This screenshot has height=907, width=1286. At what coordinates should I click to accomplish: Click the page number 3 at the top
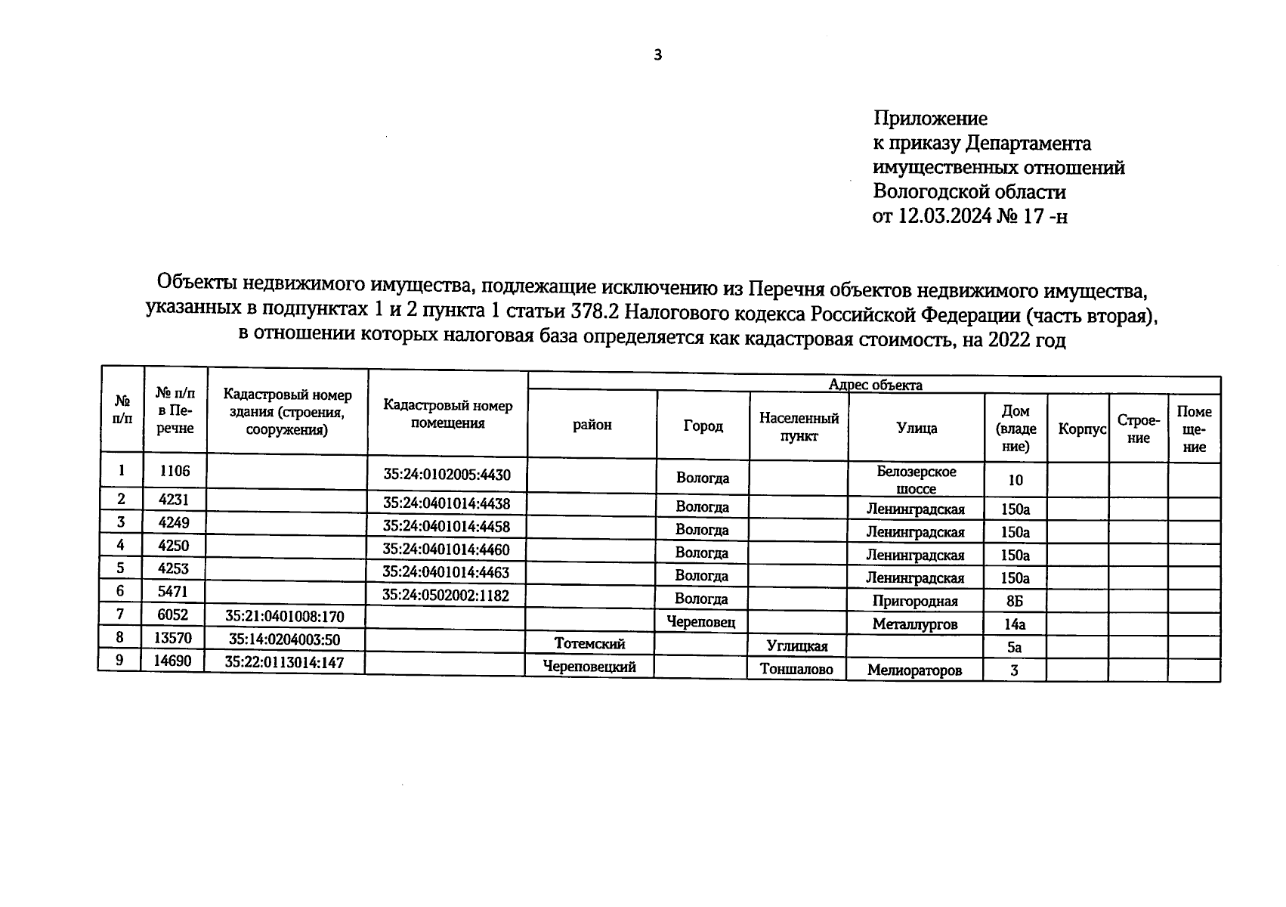[x=657, y=54]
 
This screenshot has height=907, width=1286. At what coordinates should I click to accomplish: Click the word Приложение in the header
[x=930, y=119]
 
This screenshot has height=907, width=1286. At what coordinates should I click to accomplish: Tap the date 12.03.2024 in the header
[x=944, y=217]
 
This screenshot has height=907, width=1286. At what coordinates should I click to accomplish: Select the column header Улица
[x=917, y=428]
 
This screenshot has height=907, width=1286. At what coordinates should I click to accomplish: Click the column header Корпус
[x=1082, y=429]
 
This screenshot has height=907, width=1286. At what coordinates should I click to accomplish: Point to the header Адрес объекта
[x=875, y=385]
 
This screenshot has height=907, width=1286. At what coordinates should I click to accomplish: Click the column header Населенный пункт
[x=799, y=427]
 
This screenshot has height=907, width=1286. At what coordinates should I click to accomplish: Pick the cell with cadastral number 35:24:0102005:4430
[x=447, y=475]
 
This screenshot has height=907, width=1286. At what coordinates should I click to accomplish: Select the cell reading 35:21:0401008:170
[x=285, y=616]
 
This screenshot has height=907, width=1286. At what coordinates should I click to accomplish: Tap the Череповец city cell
[x=701, y=622]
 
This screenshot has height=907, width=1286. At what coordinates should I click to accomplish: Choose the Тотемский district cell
[x=589, y=644]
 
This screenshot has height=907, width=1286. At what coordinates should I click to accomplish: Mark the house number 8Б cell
[x=1014, y=602]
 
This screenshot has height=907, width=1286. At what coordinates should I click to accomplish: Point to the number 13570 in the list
[x=173, y=638]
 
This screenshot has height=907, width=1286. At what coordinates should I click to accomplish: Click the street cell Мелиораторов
[x=914, y=670]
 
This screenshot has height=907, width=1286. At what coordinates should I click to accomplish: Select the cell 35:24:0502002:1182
[x=446, y=595]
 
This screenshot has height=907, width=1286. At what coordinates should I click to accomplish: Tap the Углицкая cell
[x=797, y=646]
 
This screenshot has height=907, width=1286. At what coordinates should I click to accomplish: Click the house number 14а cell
[x=1015, y=624]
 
